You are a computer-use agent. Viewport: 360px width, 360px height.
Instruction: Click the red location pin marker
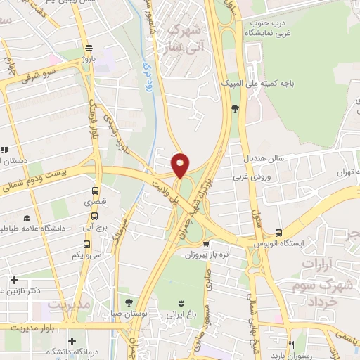point(181,165)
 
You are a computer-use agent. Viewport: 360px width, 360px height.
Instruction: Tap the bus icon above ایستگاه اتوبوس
point(279,233)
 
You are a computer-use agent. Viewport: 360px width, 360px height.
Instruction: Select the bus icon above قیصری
point(96,191)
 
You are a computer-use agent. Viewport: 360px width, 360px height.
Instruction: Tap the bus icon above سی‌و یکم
point(86,245)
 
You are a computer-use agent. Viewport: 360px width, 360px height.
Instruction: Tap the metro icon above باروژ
point(88,49)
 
